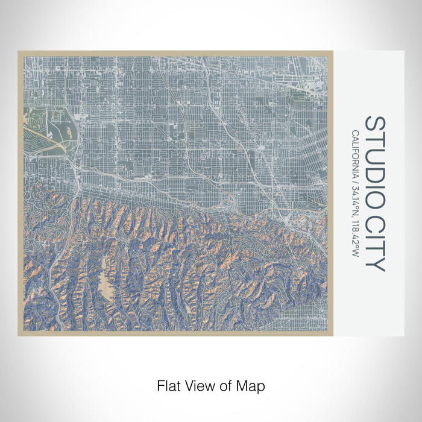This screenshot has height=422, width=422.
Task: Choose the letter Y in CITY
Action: click(374, 264)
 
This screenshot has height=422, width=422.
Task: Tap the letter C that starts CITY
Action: click(374, 222)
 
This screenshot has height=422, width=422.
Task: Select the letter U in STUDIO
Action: click(374, 154)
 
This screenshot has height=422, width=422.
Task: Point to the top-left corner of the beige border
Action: click(20, 52)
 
